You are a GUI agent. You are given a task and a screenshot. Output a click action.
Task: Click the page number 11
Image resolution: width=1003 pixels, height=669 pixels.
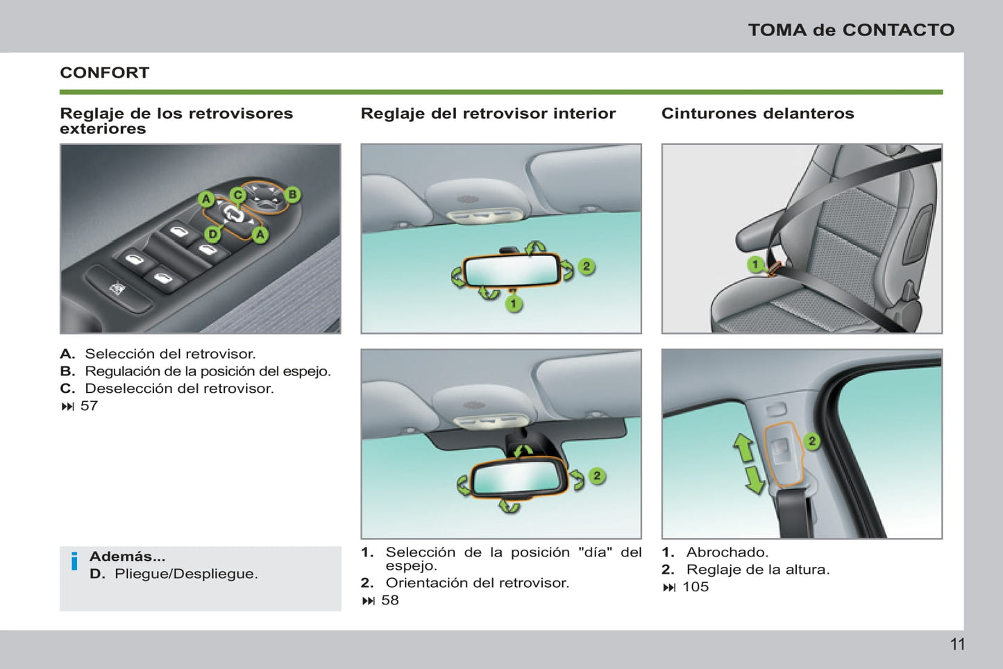coord(957,644)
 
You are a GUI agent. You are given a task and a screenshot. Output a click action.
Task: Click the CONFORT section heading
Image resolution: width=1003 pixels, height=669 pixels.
coord(104,73)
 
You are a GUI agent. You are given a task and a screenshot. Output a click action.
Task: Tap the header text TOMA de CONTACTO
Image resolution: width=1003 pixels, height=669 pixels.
coord(851,30)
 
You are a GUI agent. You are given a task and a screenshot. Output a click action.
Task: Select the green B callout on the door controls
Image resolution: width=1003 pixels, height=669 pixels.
coord(293,194)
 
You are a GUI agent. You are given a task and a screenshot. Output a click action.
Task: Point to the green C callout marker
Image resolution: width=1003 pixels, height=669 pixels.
coord(237,195)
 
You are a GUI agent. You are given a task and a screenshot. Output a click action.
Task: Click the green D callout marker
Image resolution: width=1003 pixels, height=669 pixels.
coord(213,234)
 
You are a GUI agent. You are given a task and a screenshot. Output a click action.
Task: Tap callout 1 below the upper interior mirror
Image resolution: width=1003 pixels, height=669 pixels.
coord(514,303)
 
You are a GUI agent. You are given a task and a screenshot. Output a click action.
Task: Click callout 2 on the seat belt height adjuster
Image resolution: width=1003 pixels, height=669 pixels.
coord(811,441)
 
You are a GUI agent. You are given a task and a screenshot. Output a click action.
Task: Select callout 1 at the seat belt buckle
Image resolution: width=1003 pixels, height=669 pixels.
coord(755,264)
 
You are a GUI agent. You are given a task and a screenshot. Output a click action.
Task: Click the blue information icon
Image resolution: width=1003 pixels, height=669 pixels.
coord(74,561)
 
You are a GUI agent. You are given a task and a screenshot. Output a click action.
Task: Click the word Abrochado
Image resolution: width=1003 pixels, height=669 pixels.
coord(727,552)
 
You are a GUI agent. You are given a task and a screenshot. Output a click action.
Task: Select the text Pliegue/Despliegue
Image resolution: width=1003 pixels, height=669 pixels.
coord(186,574)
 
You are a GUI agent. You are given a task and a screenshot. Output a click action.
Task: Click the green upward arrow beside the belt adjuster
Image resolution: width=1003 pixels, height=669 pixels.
coord(744,448)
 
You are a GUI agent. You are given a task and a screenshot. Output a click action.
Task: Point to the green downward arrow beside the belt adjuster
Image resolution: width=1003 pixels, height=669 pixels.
coord(754,480)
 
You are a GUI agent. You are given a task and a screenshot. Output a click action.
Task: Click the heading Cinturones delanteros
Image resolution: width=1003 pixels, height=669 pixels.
coord(757,114)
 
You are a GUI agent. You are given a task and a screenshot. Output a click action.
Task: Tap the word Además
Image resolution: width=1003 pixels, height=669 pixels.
coord(127,557)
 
